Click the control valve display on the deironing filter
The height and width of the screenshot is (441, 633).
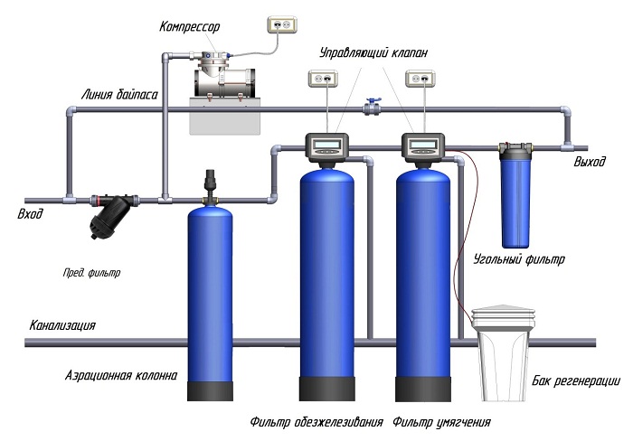pos(326,144)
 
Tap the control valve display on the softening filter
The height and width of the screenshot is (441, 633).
pos(422,144)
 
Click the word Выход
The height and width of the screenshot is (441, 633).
pos(591,164)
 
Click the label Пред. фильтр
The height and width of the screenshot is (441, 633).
pos(91,271)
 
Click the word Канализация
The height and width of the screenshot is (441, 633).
pos(62,325)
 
